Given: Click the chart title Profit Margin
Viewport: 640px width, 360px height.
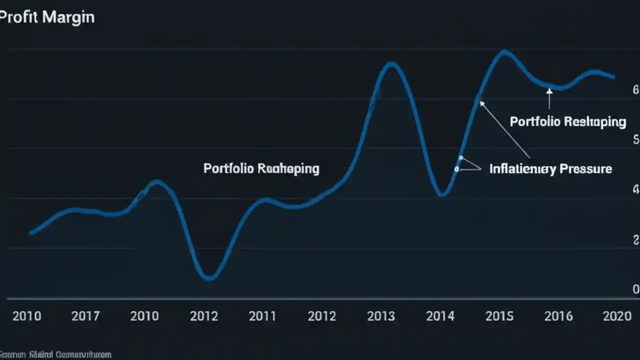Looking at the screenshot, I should pos(46,17).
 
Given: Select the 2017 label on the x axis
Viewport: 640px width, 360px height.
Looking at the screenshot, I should pos(85,316).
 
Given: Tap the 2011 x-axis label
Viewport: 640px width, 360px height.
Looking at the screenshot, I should pos(262,316).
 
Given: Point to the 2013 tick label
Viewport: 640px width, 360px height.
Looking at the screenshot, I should pos(381,316).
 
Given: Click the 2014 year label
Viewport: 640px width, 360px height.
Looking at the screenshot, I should pos(440,316).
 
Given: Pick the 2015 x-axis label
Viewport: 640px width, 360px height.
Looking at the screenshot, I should pos(499,316).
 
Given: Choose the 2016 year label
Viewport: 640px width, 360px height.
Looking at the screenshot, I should pos(558,316).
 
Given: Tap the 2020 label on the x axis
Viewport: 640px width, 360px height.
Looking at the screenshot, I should pos(617,316).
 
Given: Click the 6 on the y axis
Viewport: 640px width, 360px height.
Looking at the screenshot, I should pos(635,90).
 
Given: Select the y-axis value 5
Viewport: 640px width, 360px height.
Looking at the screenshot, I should pos(635,139).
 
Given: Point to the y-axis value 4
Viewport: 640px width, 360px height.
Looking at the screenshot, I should pos(635,189).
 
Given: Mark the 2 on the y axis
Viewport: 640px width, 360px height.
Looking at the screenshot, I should pos(635,239).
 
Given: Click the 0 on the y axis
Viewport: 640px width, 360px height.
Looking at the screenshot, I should pos(635,289).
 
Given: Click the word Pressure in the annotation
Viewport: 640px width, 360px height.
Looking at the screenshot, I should pos(585,169).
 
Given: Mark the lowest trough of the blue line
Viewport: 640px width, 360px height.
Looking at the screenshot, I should pos(209,277).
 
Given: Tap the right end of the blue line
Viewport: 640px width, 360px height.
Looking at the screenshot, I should pos(613,76).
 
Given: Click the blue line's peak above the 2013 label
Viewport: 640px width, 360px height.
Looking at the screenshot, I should pos(392,64).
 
